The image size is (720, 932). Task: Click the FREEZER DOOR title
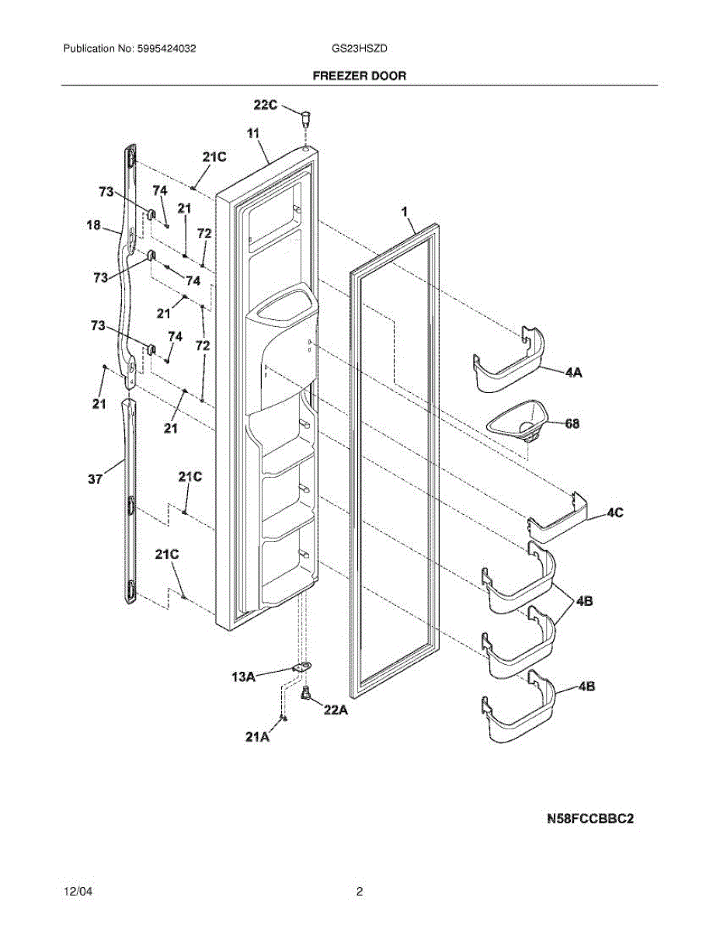[x=359, y=76]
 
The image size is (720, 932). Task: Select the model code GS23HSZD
[x=359, y=48]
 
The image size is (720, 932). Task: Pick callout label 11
[x=253, y=134]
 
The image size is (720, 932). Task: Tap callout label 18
[x=93, y=226]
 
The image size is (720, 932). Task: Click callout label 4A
[x=573, y=373]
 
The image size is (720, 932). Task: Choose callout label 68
[x=572, y=424]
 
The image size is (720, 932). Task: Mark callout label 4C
[x=614, y=513]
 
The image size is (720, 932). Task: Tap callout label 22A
[x=335, y=708]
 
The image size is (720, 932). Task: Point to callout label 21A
[x=257, y=736]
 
